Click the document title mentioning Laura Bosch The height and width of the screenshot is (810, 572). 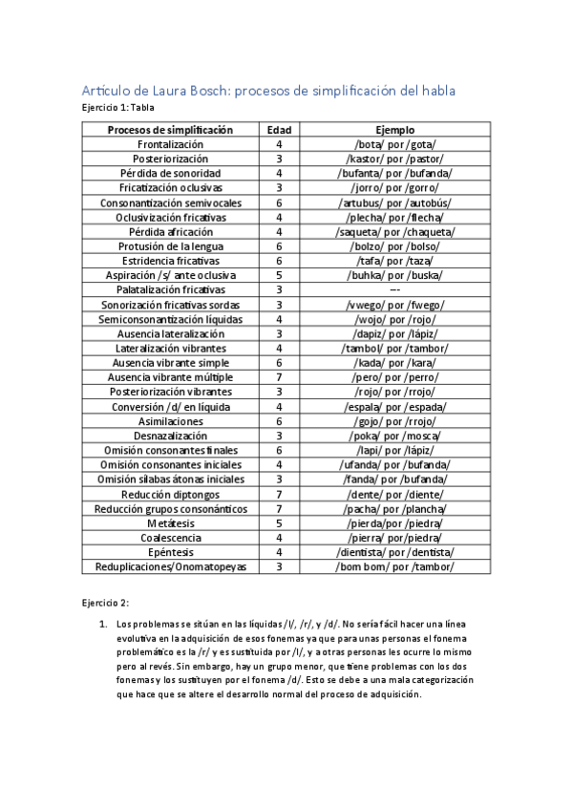pos(270,91)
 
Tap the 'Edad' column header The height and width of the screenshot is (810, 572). pos(279,129)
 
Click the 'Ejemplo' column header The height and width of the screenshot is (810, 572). pos(394,129)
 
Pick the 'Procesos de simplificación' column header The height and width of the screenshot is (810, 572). pos(170,129)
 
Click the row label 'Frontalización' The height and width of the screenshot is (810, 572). pos(170,143)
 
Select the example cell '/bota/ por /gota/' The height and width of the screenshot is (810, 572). pos(394,143)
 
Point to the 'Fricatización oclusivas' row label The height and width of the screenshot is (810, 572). pos(170,188)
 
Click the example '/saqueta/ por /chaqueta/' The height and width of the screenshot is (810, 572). pos(394,232)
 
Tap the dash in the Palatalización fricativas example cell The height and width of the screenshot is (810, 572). pos(394,289)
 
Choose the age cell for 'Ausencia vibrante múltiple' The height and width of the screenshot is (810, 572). pos(279,377)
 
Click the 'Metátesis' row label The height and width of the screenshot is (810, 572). pos(170,522)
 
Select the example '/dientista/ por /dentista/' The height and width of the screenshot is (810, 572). pos(394,552)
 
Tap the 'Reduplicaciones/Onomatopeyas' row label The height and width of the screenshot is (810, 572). pos(170,566)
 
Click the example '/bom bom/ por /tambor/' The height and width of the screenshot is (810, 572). pos(394,566)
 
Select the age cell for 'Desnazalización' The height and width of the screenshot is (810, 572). pos(279,436)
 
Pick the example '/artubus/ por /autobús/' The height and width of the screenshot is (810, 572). pos(394,202)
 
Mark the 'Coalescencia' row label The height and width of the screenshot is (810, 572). pos(170,538)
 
